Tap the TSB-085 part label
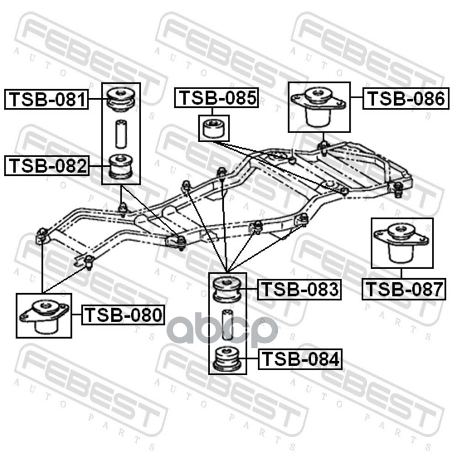tap(217, 98)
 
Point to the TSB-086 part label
tap(404, 99)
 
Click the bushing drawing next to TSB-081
tap(121, 98)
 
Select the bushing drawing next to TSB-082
tap(121, 166)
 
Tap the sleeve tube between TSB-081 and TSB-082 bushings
tap(121, 133)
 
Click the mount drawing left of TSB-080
tap(43, 315)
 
